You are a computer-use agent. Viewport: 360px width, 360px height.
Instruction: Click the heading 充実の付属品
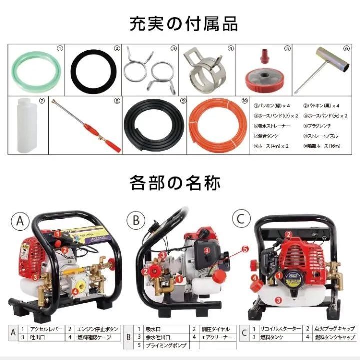pyautogui.click(x=180, y=23)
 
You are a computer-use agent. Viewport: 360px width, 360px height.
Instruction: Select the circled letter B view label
pyautogui.click(x=134, y=220)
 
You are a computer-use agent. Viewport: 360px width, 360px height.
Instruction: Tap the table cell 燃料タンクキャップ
pyautogui.click(x=335, y=337)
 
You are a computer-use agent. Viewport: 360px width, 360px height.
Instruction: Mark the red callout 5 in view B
pyautogui.click(x=245, y=248)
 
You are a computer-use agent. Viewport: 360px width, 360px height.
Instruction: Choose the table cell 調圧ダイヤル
pyautogui.click(x=217, y=329)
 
